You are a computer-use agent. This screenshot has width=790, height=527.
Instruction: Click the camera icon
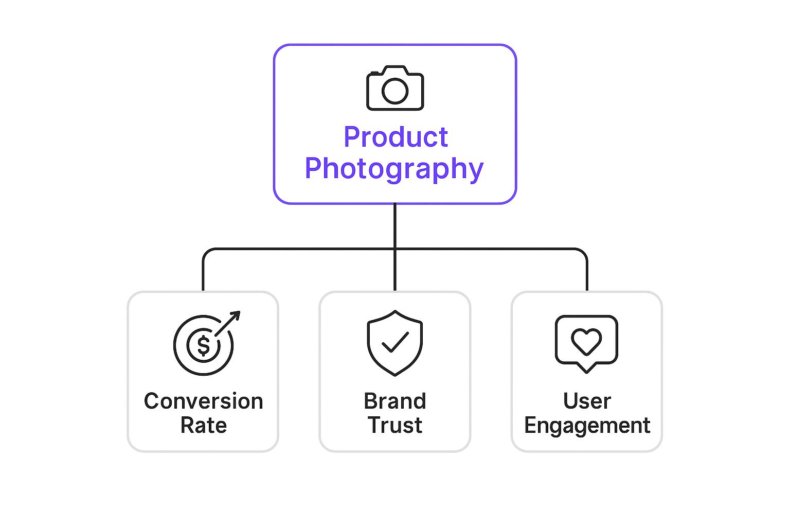point(395,88)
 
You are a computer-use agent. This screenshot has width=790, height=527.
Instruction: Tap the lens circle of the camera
point(395,91)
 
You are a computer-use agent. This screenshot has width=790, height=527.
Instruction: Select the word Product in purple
point(396,137)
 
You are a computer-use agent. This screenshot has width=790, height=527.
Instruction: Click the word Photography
point(394,169)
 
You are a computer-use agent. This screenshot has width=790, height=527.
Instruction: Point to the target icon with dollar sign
point(204,344)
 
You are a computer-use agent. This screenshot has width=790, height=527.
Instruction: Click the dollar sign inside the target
point(204,345)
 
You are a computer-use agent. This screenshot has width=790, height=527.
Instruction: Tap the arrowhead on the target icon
point(236,315)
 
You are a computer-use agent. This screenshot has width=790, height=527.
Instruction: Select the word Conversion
point(203,401)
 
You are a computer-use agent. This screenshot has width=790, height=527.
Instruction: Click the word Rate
point(203,426)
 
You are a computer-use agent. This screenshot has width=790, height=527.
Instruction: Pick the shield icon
point(395,343)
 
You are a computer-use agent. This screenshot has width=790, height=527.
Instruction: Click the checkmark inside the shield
point(395,342)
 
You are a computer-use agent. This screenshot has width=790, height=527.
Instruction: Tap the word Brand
point(395,401)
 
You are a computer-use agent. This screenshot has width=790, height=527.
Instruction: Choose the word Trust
point(395,426)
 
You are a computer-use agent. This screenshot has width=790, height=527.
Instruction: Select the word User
point(587,401)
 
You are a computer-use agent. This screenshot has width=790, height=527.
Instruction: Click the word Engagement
point(587,426)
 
